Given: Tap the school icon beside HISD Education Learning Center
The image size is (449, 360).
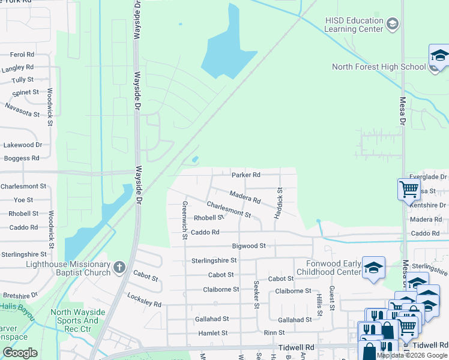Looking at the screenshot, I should click(393, 24).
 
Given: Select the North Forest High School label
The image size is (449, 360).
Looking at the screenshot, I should click(379, 67).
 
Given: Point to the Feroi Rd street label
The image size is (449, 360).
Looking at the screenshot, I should click(22, 55).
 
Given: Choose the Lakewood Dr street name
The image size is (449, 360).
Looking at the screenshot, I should click(23, 145).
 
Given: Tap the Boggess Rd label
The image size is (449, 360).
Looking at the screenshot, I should click(22, 158).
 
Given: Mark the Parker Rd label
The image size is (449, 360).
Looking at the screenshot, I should click(246, 175).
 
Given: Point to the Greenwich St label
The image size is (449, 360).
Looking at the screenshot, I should click(185, 219).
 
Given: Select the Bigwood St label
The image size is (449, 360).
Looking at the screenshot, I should click(249, 246).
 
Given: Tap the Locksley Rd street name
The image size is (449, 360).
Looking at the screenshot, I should click(145, 300).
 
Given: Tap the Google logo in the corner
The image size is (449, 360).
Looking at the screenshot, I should click(20, 353).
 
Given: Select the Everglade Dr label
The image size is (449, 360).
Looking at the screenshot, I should click(428, 177).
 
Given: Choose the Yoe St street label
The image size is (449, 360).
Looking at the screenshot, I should click(23, 200).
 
